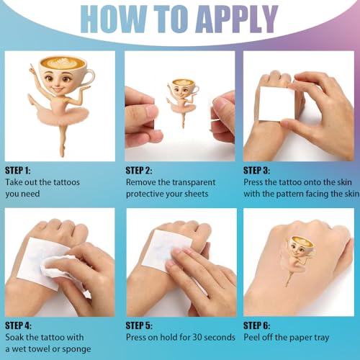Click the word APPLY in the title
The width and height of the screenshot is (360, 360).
click(x=237, y=19)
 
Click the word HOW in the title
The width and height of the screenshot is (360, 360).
click(x=113, y=19)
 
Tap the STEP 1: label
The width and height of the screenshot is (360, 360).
click(x=18, y=171)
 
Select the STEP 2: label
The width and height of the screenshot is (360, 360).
click(x=139, y=171)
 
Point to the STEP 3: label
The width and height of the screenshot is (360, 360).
click(x=257, y=171)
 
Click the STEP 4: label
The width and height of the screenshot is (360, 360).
click(x=19, y=325)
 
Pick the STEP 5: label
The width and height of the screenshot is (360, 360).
click(x=139, y=325)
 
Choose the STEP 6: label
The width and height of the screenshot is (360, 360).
click(x=257, y=325)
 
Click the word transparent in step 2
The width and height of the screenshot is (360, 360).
click(x=186, y=183)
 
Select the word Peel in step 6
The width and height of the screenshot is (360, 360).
click(x=252, y=337)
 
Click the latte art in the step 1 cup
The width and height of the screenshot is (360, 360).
click(x=63, y=63)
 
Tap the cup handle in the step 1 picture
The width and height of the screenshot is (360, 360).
click(x=91, y=76)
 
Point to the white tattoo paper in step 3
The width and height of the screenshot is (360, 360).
click(x=276, y=104)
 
